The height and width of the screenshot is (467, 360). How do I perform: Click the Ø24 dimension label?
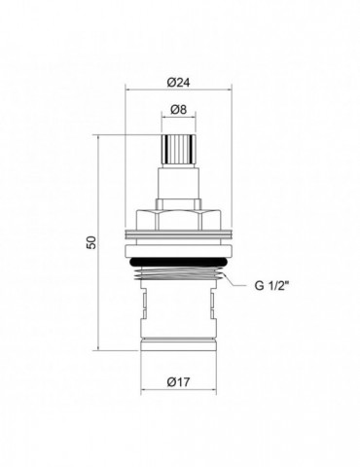[x=178, y=83]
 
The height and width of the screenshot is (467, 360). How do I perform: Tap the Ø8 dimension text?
[x=178, y=110]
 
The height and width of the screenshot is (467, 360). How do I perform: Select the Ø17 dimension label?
[x=178, y=382]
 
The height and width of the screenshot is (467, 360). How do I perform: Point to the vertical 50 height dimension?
[x=92, y=242]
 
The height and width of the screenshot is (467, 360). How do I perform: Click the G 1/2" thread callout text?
[x=271, y=286]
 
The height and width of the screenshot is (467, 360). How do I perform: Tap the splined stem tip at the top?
[x=179, y=150]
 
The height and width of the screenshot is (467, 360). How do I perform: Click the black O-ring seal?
[x=179, y=262]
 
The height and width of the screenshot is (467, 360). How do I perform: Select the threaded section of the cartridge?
[x=179, y=274]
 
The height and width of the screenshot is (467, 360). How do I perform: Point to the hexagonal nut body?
[x=179, y=220]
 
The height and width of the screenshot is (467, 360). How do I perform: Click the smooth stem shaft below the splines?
[x=179, y=183]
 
